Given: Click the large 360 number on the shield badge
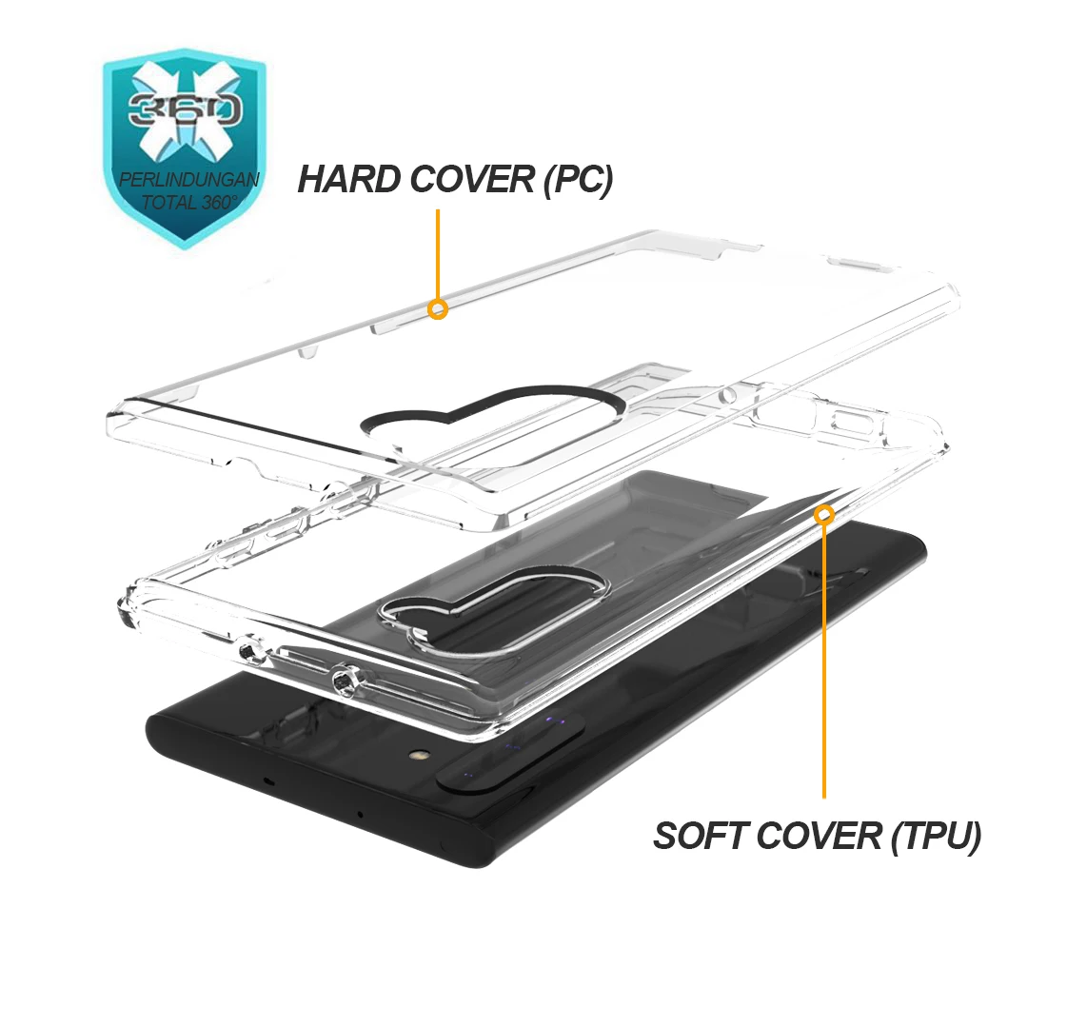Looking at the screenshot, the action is coord(185,109).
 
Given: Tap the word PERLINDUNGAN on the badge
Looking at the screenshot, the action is coord(189,180).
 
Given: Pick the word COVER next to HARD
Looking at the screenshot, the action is coord(472,180).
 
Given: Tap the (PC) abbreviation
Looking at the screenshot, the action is coord(579,180).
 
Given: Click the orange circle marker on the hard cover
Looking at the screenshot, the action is coord(438,309).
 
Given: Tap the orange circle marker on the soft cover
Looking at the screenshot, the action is coord(824,515).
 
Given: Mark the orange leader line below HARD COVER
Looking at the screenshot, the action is coord(438,254).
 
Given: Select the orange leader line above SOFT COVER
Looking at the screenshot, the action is coord(824,661).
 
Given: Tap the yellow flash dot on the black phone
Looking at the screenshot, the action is coord(416,755).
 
